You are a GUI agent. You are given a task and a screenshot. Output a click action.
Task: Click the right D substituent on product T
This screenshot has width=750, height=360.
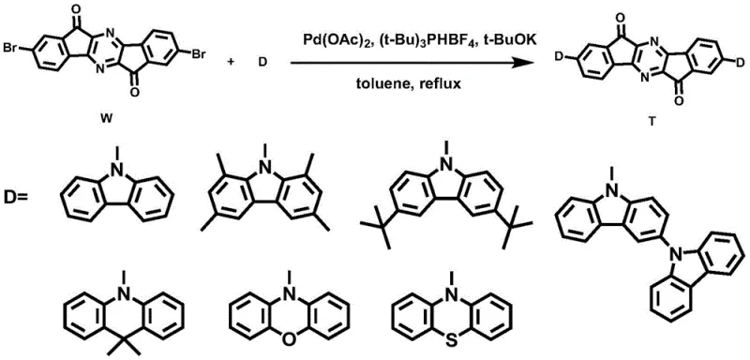click(x=739, y=62)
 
